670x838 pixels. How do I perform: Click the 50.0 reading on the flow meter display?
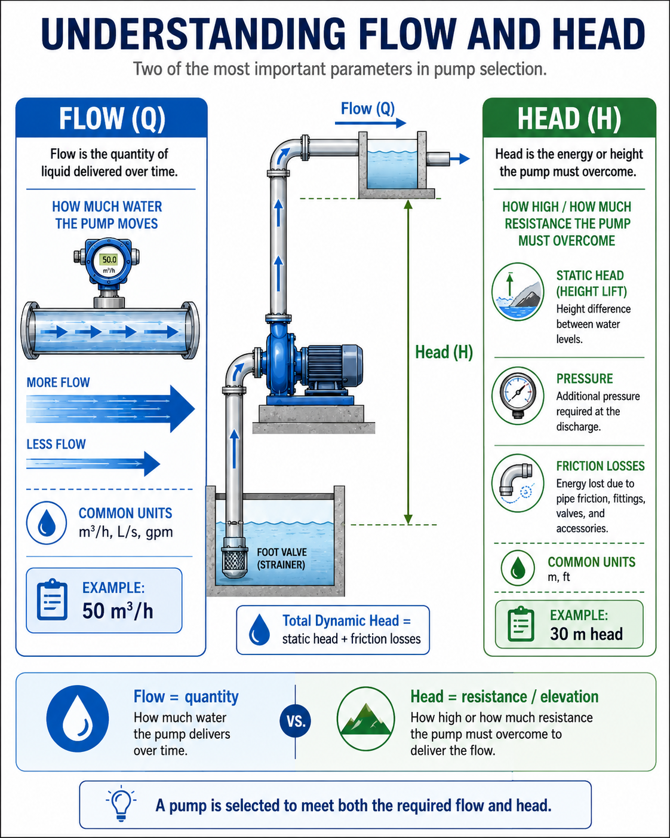tap(109, 259)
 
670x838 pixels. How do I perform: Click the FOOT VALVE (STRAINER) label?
tap(282, 558)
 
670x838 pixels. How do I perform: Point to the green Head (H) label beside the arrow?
tap(444, 352)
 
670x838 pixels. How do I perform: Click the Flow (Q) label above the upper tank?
tap(368, 108)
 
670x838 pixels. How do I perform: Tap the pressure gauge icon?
tap(517, 395)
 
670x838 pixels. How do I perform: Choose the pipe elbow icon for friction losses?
tap(517, 482)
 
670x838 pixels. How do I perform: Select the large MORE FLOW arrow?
tap(110, 409)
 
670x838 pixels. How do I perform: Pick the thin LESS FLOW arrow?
tap(93, 463)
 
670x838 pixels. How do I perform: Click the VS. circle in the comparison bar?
tap(296, 721)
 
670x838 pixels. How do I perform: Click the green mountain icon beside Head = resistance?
tap(365, 718)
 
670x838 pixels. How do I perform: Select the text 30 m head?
tap(586, 634)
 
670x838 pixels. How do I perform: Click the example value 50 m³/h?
tap(118, 610)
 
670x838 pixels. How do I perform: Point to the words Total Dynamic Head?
tap(340, 620)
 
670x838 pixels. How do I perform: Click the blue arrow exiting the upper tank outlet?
tap(460, 158)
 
